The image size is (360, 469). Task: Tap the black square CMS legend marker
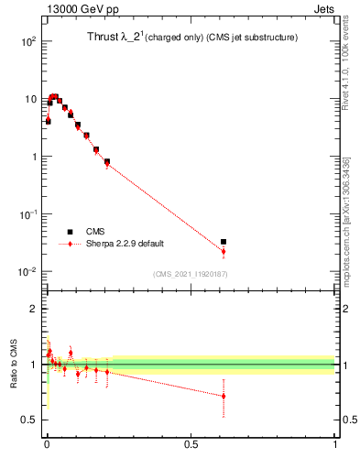tap(70, 232)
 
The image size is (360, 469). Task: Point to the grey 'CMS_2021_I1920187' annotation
tap(190, 274)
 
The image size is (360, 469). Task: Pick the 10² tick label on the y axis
tap(27, 41)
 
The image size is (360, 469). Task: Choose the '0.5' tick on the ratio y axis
tap(27, 420)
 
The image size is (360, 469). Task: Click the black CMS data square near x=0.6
tap(224, 242)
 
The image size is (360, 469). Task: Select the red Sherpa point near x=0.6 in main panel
tap(224, 251)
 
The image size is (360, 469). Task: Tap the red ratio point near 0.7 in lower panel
tap(224, 397)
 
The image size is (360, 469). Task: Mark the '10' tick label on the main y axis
tap(29, 99)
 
